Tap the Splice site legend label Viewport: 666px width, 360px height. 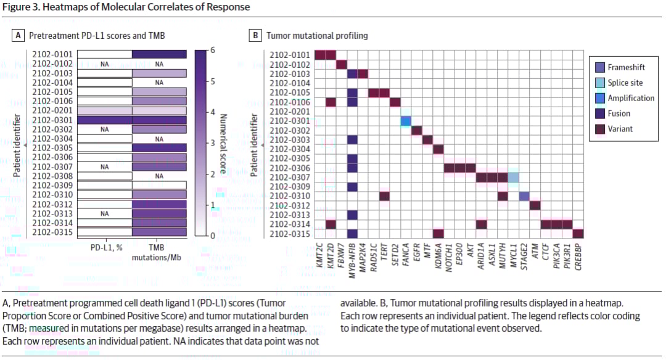tap(626, 83)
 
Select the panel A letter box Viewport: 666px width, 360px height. tap(19, 36)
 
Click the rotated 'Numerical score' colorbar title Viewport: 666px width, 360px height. tap(224, 143)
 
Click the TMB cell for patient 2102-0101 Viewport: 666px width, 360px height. tap(159, 54)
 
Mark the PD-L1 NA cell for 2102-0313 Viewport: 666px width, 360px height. tap(104, 213)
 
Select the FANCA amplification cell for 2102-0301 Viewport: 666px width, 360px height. tap(406, 121)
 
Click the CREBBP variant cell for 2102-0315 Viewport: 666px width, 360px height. tap(578, 233)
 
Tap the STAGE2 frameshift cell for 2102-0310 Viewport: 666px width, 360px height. tap(524, 196)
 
